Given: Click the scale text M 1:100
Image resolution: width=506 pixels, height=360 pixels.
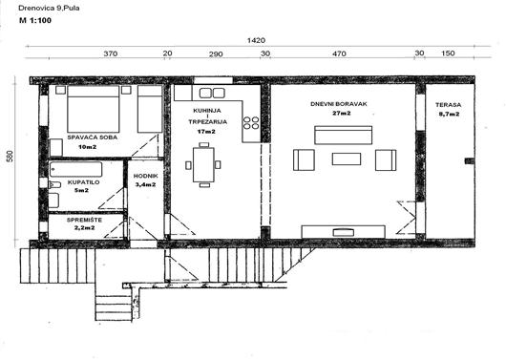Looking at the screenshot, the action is [35, 20].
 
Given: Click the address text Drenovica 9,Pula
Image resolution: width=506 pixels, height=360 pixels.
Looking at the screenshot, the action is [49, 8].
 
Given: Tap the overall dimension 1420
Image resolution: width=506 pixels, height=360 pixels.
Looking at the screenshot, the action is [256, 40].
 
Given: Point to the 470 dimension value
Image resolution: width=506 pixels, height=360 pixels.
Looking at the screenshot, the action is [339, 53].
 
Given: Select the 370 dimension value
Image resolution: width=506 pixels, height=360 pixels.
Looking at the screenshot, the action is [111, 53].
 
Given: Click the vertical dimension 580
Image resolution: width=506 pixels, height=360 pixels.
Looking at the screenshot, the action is [11, 157].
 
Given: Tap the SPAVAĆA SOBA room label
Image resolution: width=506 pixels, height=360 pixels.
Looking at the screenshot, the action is [93, 138].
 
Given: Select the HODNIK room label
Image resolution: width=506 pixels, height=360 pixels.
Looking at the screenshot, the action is [145, 176].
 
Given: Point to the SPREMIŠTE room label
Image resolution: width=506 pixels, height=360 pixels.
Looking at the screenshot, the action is [84, 220].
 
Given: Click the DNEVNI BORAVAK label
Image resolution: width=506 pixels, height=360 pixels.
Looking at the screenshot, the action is [339, 104].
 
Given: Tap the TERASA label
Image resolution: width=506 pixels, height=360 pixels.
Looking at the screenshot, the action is [448, 105].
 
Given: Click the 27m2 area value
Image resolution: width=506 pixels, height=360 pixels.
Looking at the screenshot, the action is [342, 113].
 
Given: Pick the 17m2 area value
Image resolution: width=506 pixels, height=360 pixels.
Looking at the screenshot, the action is [206, 132].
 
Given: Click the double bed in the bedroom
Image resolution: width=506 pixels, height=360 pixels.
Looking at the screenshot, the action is [94, 109].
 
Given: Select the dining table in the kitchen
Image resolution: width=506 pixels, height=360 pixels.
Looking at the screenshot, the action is [203, 164].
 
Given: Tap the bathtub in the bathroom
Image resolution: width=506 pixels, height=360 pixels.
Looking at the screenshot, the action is [75, 169].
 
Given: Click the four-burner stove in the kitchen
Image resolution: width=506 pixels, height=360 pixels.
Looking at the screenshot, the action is [251, 122].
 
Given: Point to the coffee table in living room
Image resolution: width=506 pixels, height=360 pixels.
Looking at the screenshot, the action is [347, 159].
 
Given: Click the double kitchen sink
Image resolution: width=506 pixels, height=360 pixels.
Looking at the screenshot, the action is [212, 93].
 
